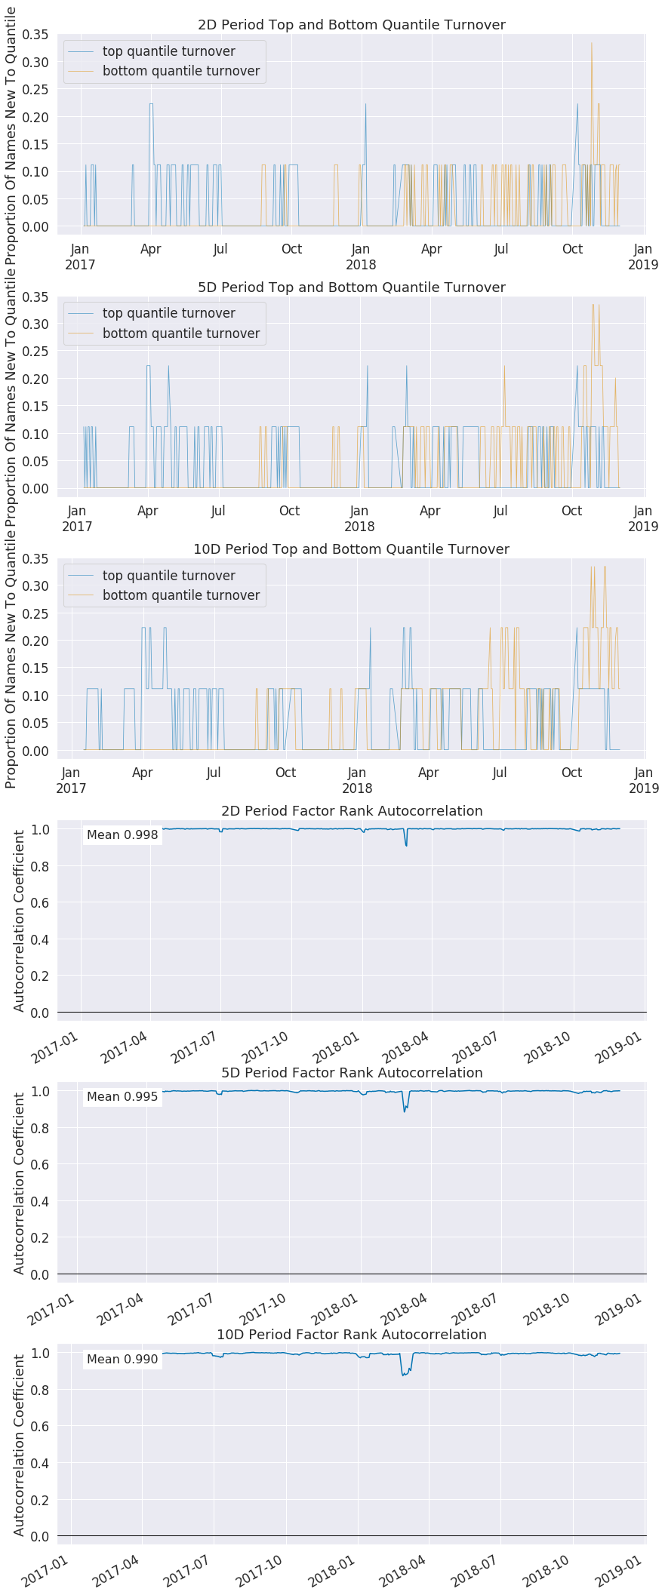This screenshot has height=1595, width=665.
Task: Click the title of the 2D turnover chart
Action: [351, 25]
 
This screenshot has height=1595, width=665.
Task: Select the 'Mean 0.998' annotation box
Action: [122, 834]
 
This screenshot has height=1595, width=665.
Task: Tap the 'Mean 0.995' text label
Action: [122, 1096]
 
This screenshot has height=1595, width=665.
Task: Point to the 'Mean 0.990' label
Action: [122, 1359]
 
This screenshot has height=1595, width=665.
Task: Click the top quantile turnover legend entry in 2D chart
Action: [168, 51]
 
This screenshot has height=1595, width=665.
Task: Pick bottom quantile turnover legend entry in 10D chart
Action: [180, 595]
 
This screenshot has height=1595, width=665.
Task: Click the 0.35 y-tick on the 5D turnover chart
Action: [35, 297]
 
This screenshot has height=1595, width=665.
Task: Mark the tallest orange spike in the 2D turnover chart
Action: [591, 44]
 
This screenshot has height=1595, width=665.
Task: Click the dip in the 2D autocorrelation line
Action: [406, 844]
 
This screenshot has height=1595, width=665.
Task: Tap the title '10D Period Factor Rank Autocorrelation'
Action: [351, 1334]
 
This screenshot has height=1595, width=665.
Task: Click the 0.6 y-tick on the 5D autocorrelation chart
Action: [39, 1164]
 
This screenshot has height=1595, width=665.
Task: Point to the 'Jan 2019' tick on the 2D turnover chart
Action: [642, 257]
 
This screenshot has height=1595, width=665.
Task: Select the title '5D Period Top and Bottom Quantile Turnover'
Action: [351, 287]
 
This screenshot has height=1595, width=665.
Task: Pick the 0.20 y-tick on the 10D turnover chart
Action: [35, 641]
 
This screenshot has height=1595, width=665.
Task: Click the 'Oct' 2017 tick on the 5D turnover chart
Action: [289, 511]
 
